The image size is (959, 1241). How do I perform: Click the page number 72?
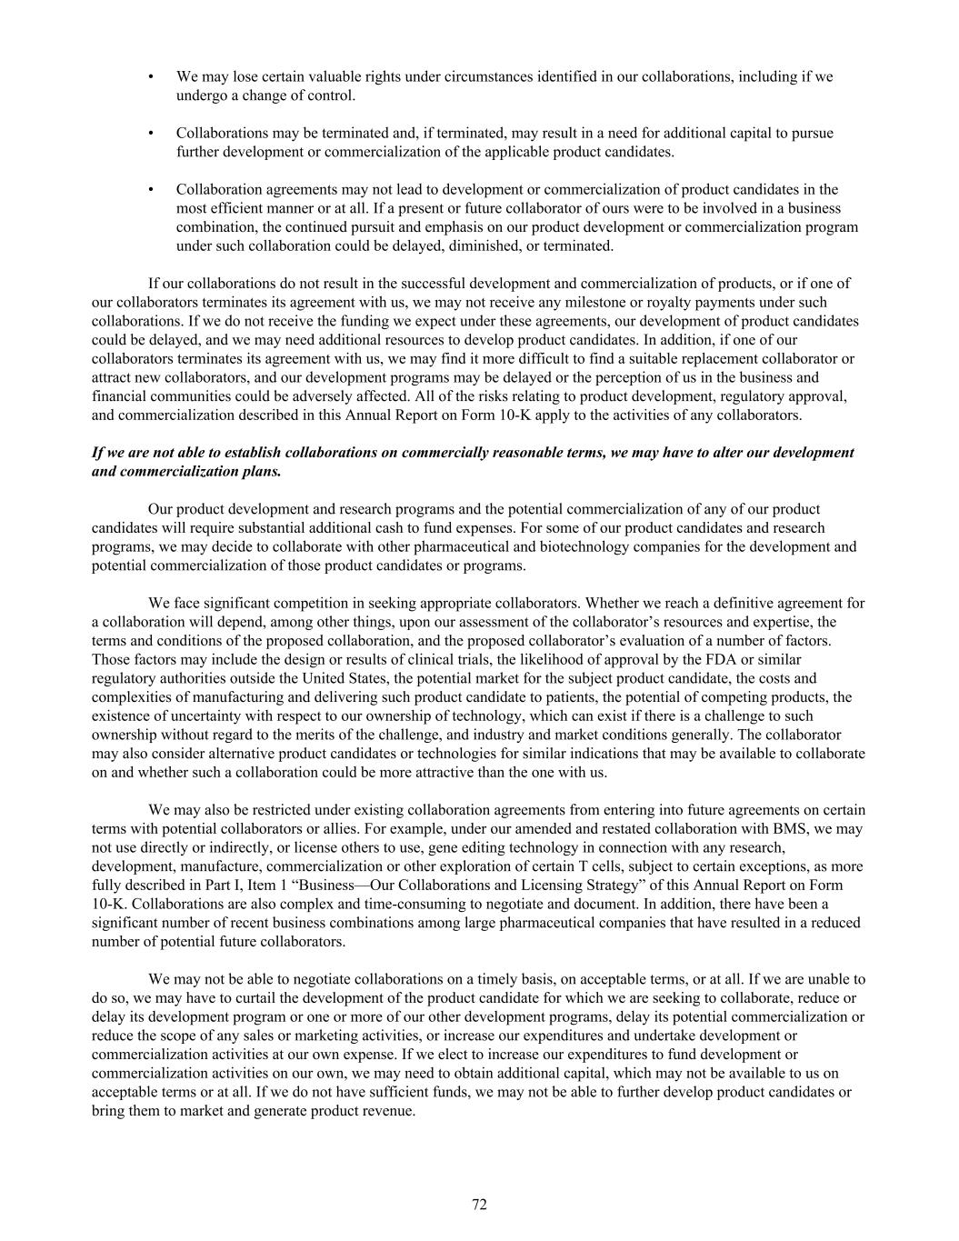tap(479, 1205)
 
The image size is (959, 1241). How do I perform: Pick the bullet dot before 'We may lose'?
tap(151, 77)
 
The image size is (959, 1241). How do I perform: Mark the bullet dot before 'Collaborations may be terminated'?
tap(151, 134)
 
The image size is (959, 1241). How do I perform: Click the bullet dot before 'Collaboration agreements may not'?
tap(151, 190)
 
